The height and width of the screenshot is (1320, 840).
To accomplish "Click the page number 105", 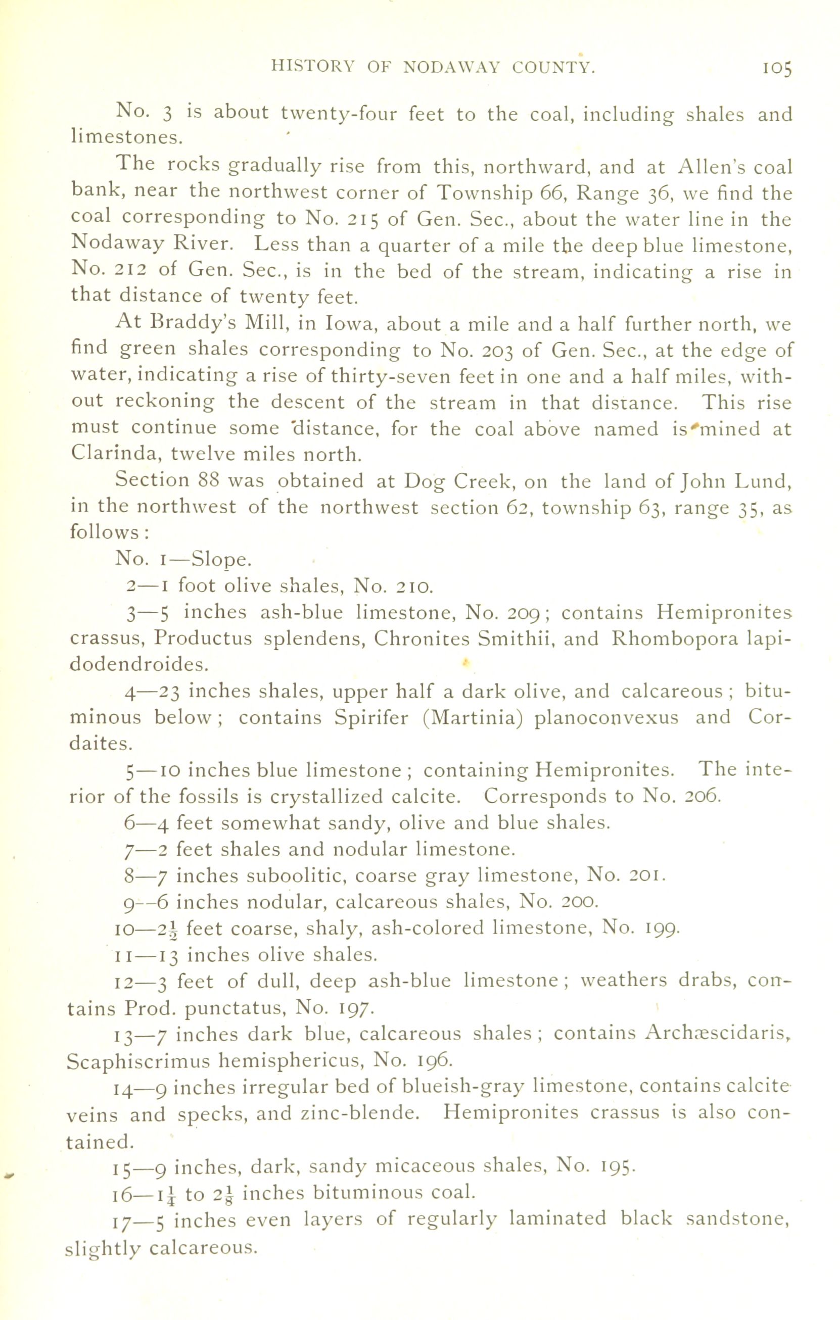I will pos(776,69).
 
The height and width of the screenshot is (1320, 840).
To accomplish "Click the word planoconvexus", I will pos(606,718).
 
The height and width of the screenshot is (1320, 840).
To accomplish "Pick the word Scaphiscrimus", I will pos(138,1060).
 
